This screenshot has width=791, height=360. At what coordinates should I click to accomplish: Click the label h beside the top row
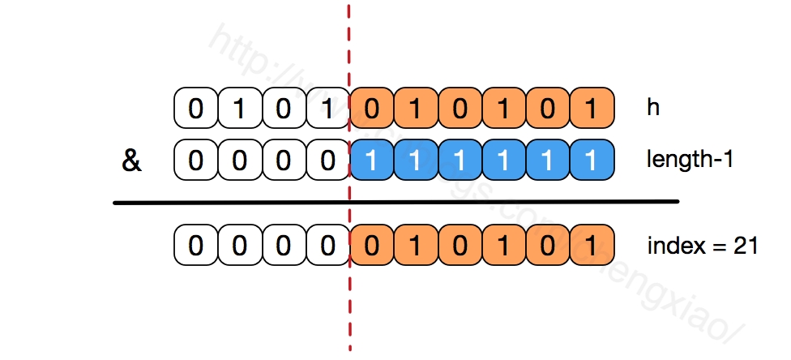tap(652, 109)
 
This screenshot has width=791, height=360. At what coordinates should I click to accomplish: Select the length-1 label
tap(689, 160)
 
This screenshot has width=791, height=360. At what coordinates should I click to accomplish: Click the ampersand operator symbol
tap(130, 161)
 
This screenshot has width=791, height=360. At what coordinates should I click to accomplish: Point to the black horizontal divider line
tap(395, 202)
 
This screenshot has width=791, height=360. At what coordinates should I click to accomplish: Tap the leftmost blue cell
tap(371, 161)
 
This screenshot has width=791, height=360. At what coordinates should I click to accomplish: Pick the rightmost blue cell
tap(591, 161)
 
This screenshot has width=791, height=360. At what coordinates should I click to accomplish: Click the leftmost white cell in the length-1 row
tap(196, 161)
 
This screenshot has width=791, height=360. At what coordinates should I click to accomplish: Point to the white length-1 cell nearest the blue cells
tap(327, 161)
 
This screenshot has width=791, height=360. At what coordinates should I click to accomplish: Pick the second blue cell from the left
tap(415, 161)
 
